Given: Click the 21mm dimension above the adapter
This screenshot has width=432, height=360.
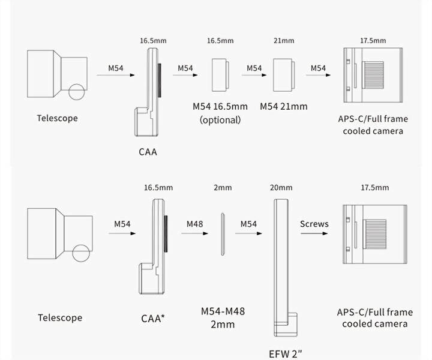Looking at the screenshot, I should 284,41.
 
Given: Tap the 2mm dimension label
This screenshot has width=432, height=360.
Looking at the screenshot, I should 223,188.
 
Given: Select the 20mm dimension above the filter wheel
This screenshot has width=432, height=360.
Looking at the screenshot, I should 281,188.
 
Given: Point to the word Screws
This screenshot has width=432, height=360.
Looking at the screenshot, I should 314,224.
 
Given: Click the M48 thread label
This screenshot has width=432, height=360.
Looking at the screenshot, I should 194,224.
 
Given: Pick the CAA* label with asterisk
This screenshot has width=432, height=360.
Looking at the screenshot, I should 154,317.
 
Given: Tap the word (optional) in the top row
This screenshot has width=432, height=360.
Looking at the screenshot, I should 220,119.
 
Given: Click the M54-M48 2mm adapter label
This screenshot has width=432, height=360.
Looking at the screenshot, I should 223,318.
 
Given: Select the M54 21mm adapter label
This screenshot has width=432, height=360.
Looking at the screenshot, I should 283,106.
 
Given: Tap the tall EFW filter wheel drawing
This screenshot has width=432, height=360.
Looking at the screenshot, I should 282,267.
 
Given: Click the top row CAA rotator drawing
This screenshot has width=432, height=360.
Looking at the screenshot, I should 147,90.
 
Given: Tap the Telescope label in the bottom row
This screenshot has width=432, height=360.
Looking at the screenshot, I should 60,317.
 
